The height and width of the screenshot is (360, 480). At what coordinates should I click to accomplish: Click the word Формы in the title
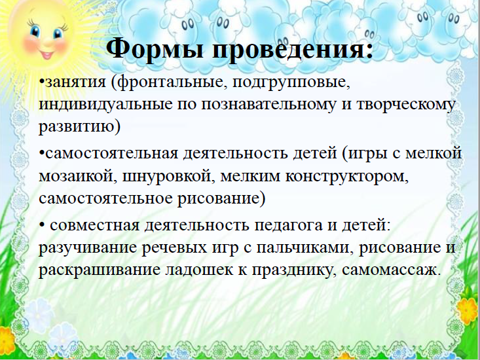point(155,48)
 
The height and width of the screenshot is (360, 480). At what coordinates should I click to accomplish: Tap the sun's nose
point(48,41)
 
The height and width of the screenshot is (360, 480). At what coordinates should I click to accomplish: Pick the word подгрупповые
point(291,83)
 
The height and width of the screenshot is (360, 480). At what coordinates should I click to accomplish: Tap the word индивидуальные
point(106,105)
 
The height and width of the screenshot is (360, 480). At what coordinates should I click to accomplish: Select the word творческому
point(406,105)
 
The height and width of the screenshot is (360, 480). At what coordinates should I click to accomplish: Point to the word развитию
point(80,126)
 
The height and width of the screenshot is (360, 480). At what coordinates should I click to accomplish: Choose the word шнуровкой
point(167,177)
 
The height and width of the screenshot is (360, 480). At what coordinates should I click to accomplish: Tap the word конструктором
point(347,177)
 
